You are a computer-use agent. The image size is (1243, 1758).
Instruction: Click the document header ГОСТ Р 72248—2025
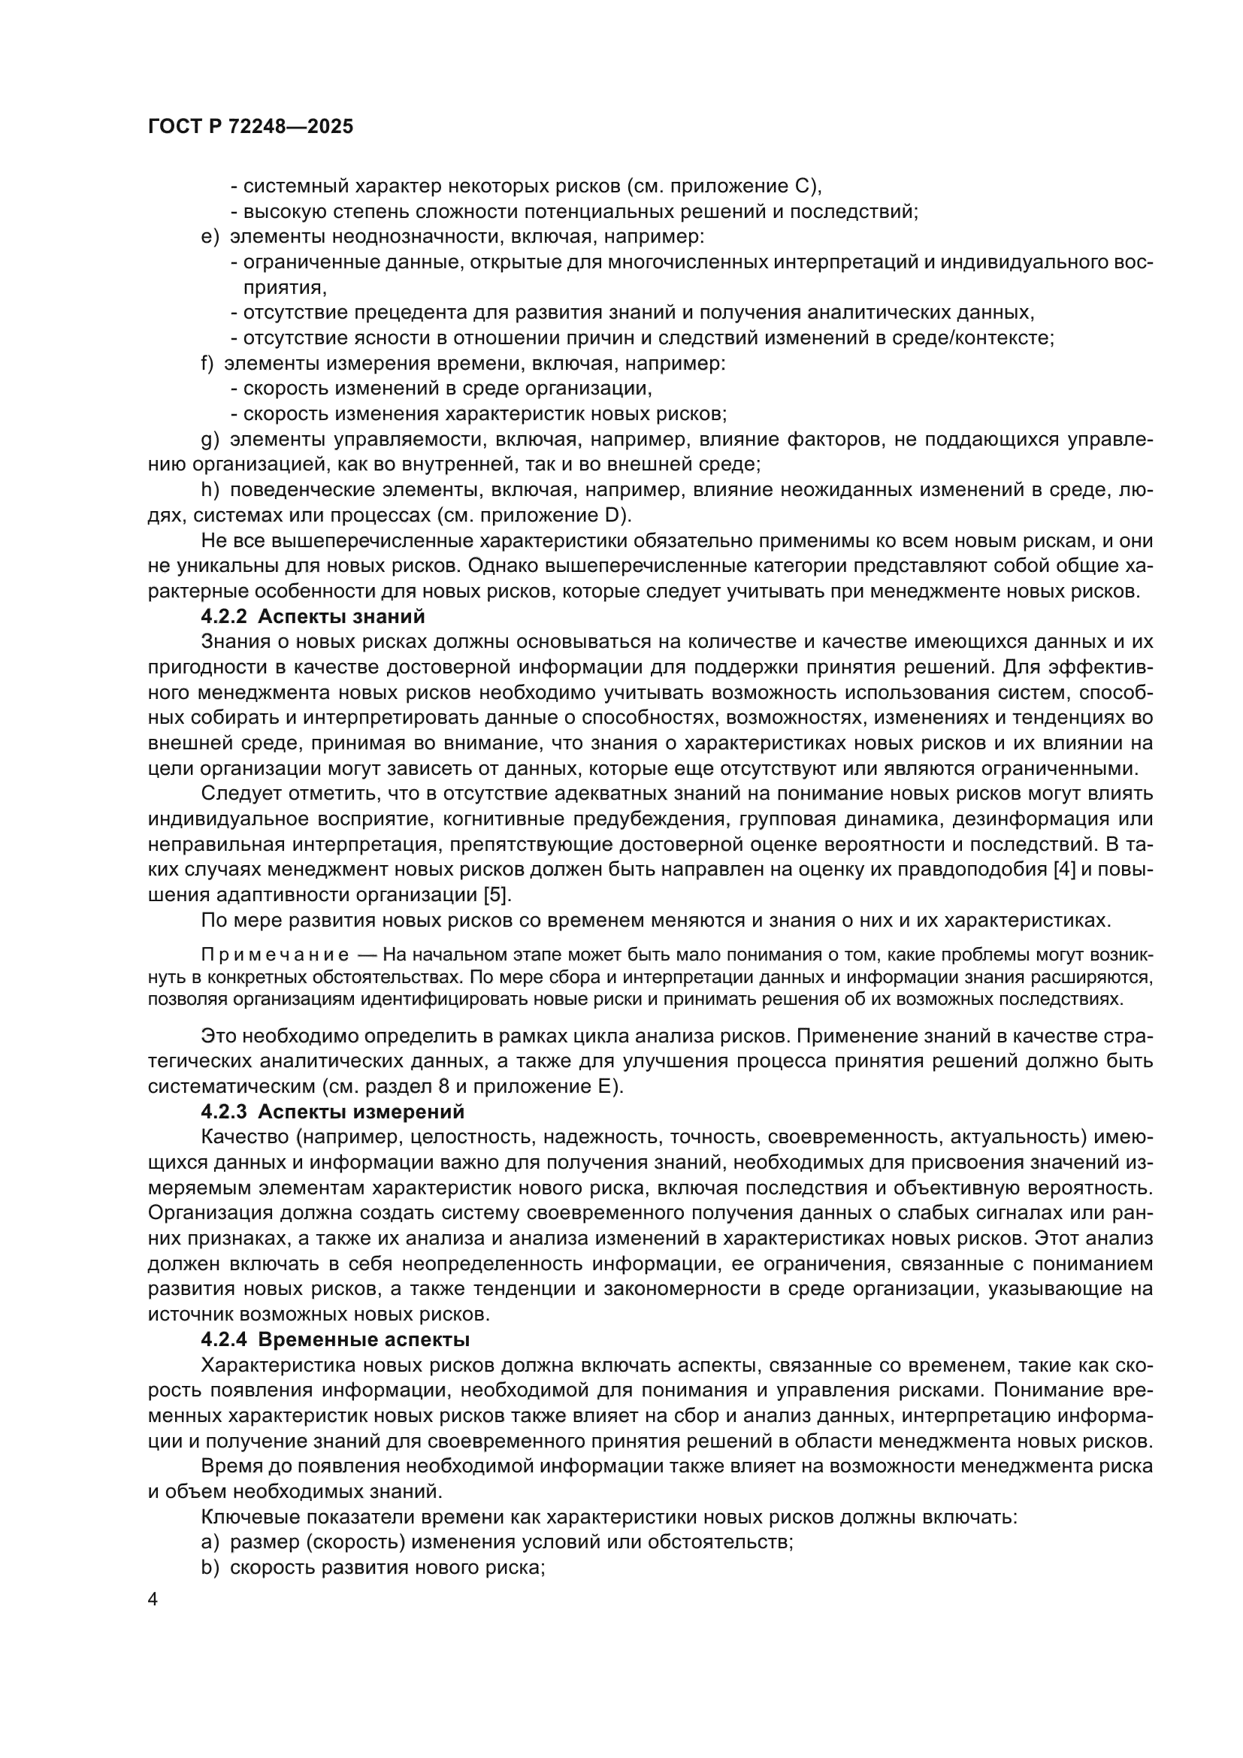250,127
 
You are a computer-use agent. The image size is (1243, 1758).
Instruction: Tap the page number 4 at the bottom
153,1600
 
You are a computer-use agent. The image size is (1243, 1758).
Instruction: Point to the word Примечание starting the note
275,955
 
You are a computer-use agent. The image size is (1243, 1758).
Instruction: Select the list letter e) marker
210,237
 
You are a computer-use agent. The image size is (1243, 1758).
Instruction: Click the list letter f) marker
207,363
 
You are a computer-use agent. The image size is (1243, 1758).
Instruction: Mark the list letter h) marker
210,490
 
